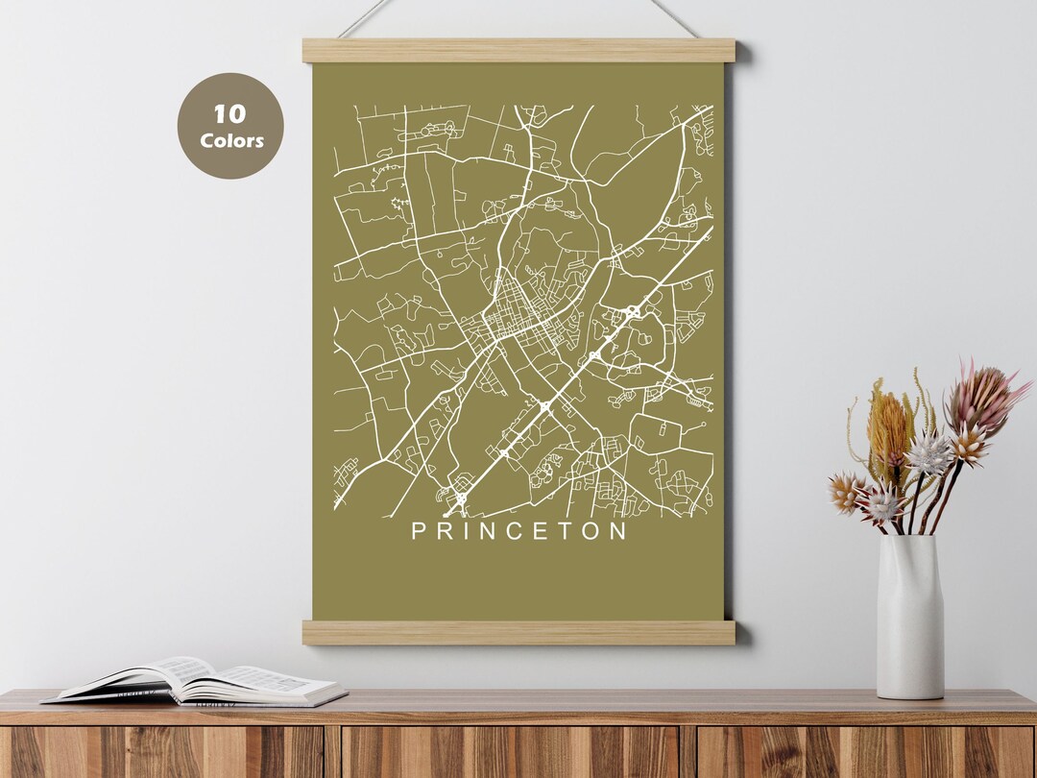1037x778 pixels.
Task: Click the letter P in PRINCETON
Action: (x=419, y=530)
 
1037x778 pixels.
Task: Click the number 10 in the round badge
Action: (x=229, y=114)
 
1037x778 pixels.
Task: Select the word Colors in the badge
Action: (x=231, y=140)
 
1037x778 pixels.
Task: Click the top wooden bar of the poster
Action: (x=518, y=50)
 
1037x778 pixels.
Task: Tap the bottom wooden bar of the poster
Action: (x=518, y=632)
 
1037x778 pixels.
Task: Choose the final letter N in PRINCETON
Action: (x=617, y=530)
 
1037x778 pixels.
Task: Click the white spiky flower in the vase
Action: (x=928, y=453)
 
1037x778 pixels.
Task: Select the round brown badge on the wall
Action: (x=230, y=126)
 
